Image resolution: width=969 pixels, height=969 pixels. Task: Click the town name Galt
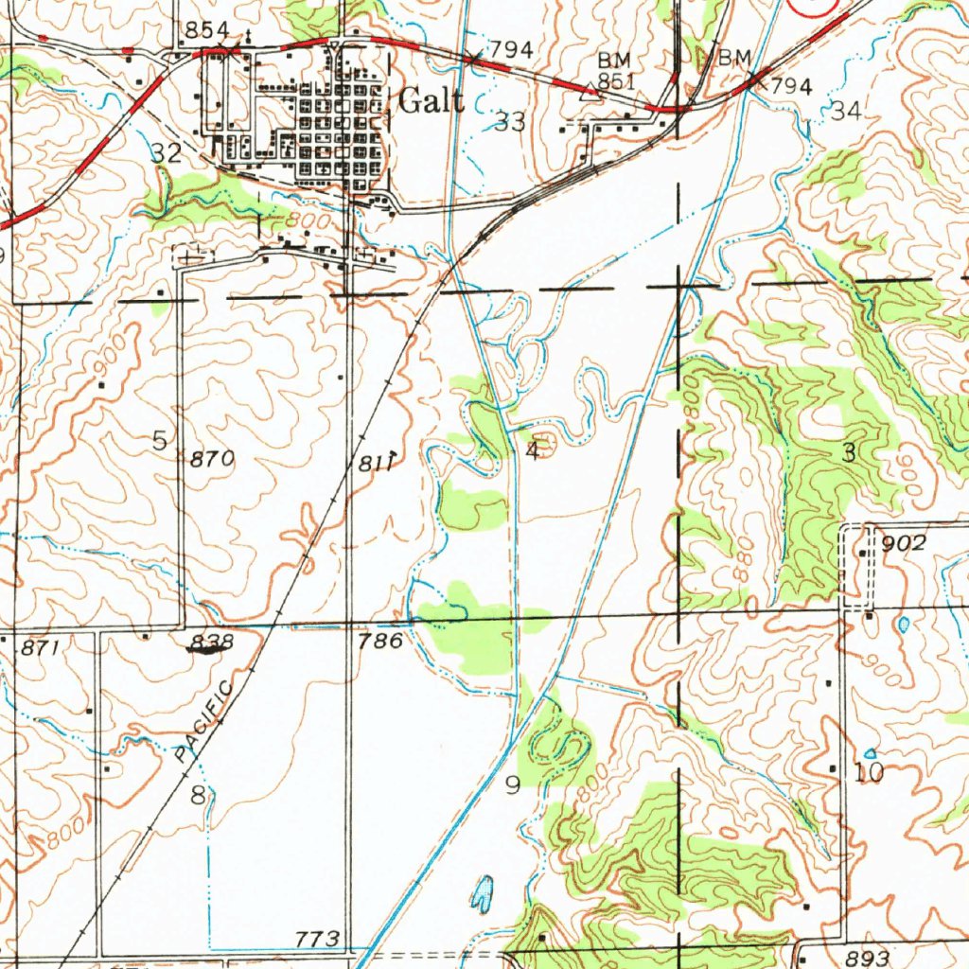coord(432,101)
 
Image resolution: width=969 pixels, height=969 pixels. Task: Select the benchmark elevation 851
coord(615,80)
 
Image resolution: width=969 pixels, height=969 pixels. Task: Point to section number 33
coord(511,121)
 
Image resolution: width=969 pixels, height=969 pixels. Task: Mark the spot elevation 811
coord(376,462)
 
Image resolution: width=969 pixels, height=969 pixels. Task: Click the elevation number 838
coord(210,643)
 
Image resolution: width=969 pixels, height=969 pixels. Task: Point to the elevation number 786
coord(381,642)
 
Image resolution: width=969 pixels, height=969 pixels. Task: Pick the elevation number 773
coord(317,939)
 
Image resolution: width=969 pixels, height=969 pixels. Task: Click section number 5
coord(159,440)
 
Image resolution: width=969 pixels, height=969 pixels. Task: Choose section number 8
coord(198,795)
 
